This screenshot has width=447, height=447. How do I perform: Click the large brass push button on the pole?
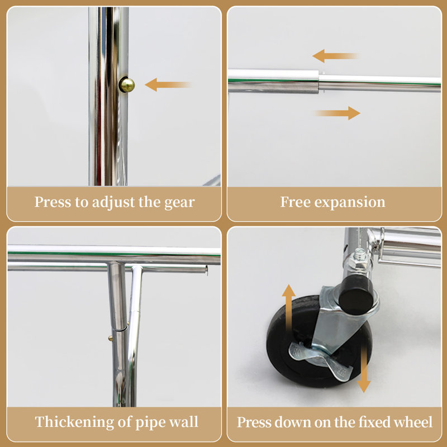tap(127, 85)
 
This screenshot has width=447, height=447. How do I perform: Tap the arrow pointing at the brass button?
tap(168, 85)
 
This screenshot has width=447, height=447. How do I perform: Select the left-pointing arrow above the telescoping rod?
tap(336, 56)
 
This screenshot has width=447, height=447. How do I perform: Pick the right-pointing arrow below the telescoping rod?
tap(336, 113)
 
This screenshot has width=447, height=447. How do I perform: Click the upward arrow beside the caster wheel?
tap(289, 307)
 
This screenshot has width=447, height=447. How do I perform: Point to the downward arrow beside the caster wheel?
tap(364, 369)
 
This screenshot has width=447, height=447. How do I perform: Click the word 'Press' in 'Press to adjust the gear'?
tap(53, 202)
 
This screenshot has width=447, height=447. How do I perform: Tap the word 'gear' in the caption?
tap(179, 203)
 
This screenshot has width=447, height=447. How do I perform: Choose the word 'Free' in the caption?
tap(296, 202)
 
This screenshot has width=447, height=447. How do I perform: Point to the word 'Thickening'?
tap(75, 422)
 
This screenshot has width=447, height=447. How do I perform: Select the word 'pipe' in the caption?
tap(148, 423)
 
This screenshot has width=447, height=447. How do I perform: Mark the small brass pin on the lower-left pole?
tap(110, 339)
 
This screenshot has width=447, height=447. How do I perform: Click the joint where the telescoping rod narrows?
tap(318, 82)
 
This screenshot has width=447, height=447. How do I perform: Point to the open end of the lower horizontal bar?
tap(206, 270)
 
